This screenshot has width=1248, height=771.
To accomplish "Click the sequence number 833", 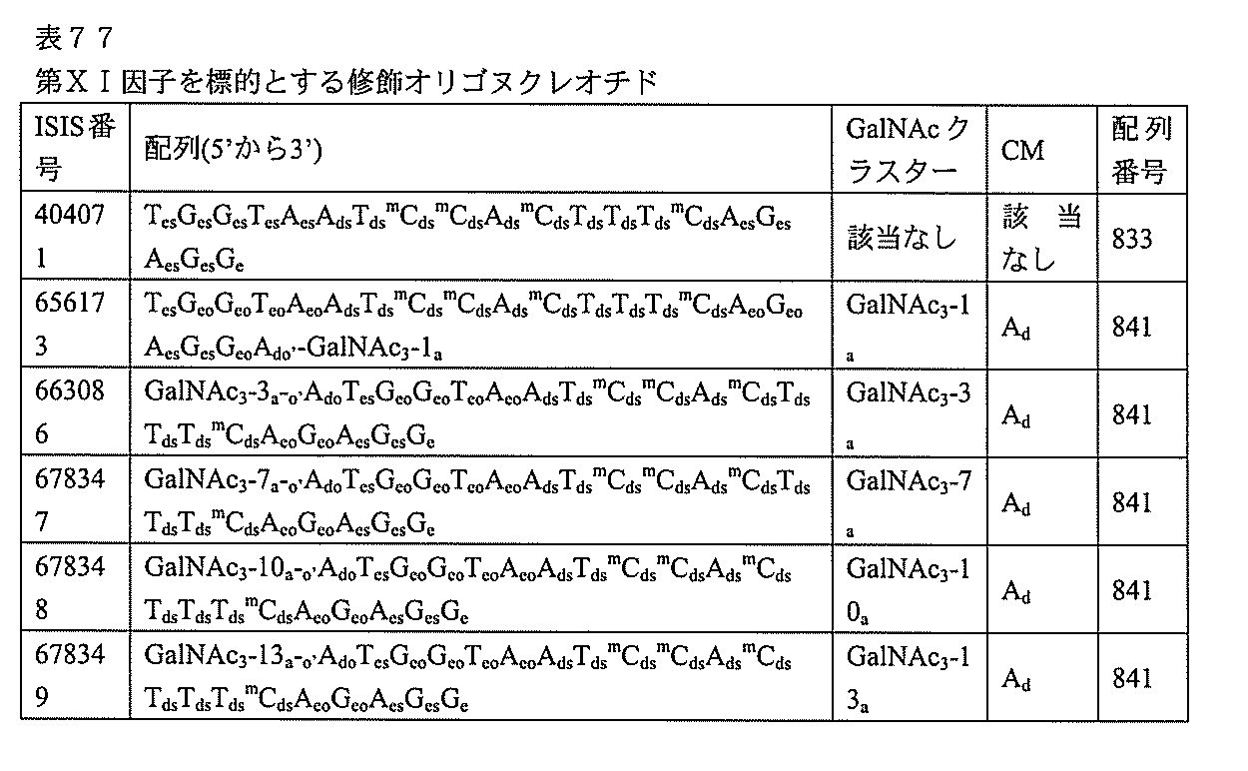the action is coord(1132,239).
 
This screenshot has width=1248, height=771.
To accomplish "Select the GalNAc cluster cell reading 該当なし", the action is coord(902,239).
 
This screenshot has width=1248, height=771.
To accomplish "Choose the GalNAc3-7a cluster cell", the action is coord(908,500).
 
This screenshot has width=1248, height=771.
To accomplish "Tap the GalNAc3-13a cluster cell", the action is coord(908,676).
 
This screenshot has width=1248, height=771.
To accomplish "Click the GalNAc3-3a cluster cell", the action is coord(908,412).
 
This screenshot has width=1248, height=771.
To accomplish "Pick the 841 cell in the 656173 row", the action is coord(1132,327).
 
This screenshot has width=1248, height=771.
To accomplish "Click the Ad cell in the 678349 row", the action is coord(1016,679).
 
